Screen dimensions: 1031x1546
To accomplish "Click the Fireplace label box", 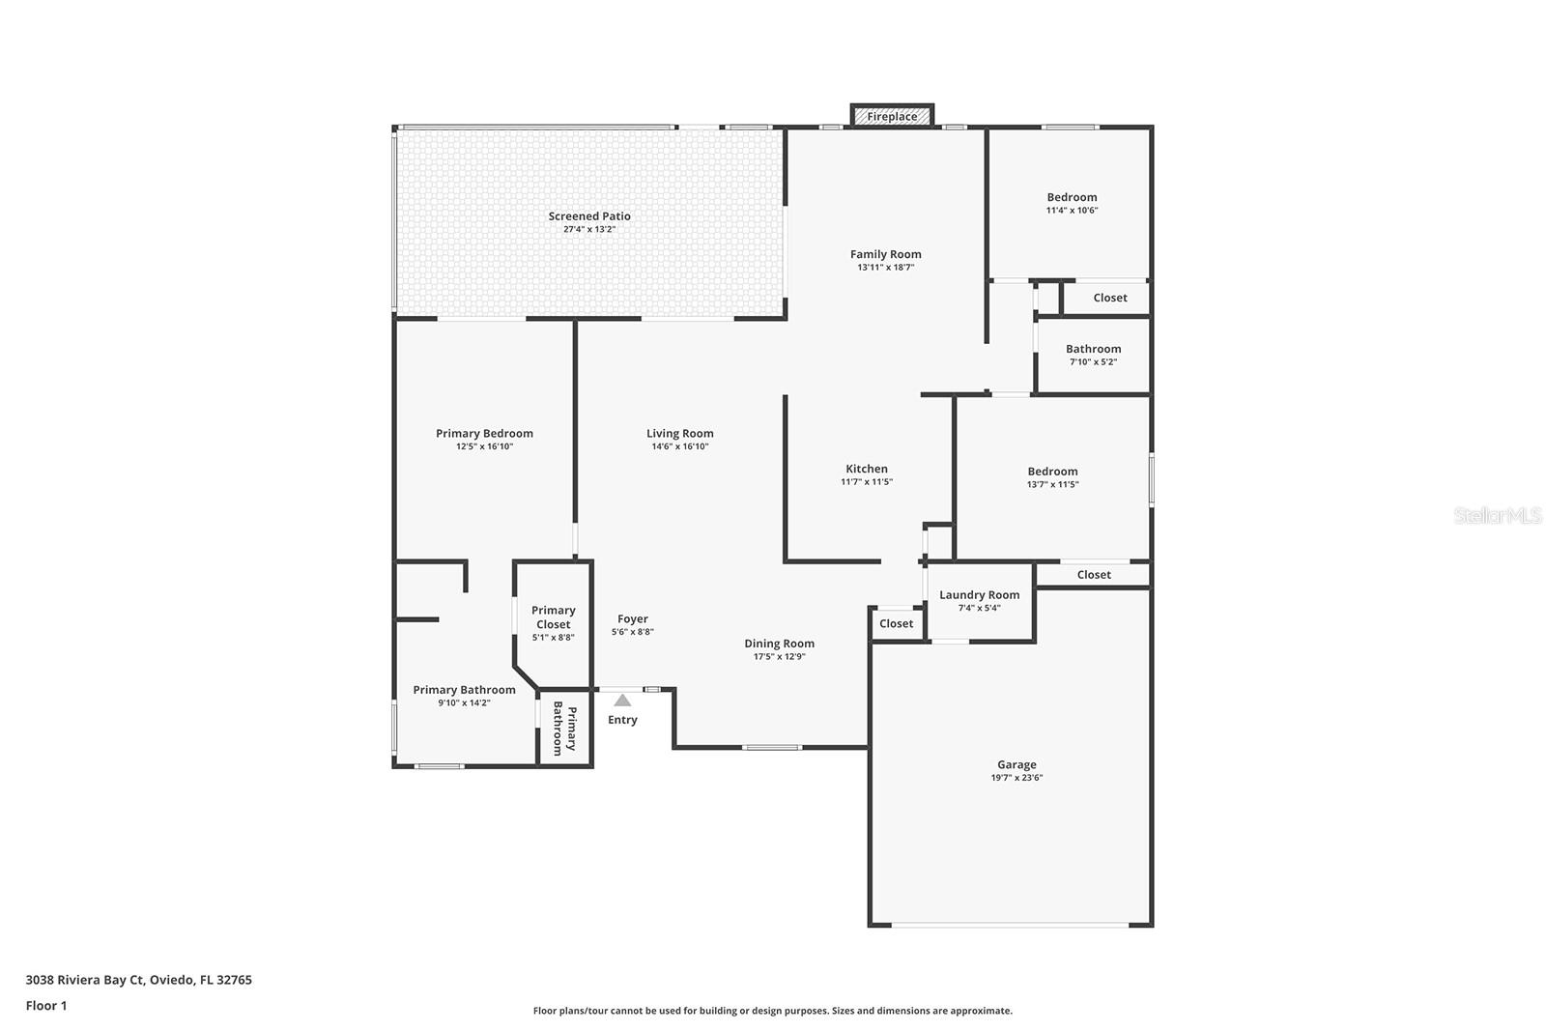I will [x=892, y=116].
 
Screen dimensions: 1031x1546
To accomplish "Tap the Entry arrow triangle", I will [x=622, y=701].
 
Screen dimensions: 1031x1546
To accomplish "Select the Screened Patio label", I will [x=589, y=216].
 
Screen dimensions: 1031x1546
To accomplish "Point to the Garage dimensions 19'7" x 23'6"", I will [x=1016, y=778].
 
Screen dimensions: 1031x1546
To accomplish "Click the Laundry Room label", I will [x=979, y=595].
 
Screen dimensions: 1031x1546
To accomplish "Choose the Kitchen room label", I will [x=866, y=469].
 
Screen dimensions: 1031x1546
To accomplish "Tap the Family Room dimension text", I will [x=885, y=268].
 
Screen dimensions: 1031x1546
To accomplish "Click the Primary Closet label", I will [x=553, y=616].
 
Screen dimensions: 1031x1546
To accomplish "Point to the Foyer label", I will [x=633, y=619].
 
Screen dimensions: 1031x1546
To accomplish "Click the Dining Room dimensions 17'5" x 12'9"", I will [x=779, y=657].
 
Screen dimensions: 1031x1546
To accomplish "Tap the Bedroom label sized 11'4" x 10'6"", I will [x=1072, y=197].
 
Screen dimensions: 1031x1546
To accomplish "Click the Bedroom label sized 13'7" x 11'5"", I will [x=1052, y=472].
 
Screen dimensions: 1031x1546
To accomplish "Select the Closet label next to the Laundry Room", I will [x=896, y=623].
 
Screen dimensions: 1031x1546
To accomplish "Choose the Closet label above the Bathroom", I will [x=1109, y=298].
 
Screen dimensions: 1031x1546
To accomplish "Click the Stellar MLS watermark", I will [x=1497, y=516].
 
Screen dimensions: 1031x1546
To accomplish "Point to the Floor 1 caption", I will [x=46, y=1006].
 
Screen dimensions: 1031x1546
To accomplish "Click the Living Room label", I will [x=679, y=434].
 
